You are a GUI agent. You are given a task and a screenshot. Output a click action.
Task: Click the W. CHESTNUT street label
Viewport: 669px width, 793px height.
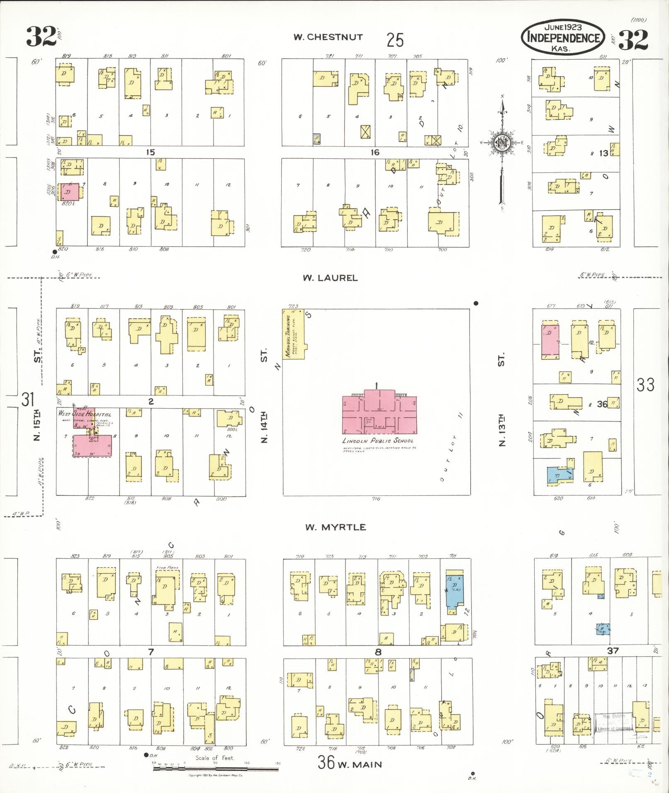coord(328,37)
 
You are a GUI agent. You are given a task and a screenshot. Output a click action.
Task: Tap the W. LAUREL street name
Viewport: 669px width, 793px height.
coord(330,278)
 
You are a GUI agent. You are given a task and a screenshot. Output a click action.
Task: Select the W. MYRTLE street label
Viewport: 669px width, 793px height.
coord(336,527)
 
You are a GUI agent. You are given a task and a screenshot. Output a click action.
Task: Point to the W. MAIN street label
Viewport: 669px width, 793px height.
coord(359,764)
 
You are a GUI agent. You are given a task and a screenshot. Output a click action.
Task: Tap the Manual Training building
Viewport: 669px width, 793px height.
coord(293,334)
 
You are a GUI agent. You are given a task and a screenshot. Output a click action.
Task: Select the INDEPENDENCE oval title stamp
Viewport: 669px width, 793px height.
coord(563,37)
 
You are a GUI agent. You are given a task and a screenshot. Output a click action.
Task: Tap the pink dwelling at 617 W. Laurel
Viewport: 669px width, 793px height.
coord(550,342)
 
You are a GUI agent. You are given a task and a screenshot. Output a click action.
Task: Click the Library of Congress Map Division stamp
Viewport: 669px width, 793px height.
coord(613,723)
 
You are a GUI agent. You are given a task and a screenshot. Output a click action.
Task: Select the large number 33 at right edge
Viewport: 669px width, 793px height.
coord(645,385)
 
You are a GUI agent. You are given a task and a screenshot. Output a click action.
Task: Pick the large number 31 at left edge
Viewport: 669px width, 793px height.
coord(28,400)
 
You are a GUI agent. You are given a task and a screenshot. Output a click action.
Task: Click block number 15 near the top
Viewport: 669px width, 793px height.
coord(150,153)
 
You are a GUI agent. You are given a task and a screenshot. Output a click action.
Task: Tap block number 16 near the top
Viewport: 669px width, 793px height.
coord(375,153)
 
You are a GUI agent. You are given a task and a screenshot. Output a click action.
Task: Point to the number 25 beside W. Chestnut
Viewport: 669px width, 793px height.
coord(395,40)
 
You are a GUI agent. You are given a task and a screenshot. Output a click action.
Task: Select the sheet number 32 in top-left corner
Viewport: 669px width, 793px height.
coord(41,37)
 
